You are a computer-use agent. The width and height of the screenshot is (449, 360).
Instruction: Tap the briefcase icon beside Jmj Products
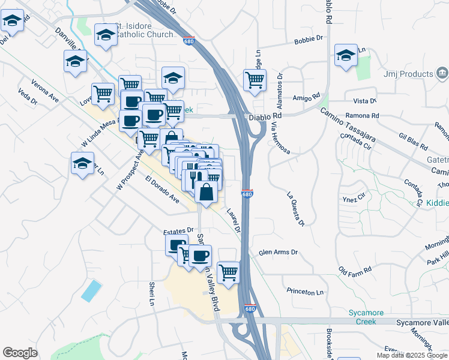[441, 74]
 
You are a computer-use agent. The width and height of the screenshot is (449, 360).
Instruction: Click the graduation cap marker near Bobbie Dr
[346, 56]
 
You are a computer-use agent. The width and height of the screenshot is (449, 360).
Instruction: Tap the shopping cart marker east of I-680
[255, 80]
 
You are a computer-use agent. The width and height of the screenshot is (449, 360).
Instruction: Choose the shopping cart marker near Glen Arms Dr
[228, 272]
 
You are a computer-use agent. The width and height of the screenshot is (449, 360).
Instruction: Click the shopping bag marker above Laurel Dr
[206, 193]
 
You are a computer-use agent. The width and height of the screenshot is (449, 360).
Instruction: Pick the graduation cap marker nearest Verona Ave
[83, 164]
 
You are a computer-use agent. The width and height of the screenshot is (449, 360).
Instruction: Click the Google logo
[20, 353]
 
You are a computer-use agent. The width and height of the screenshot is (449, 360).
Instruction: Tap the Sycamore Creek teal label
[363, 316]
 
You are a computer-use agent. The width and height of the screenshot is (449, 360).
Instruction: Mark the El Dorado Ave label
[162, 189]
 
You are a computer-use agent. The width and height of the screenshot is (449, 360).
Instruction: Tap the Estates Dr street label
[178, 230]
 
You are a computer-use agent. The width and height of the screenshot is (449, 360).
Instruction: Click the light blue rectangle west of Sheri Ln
[91, 290]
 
